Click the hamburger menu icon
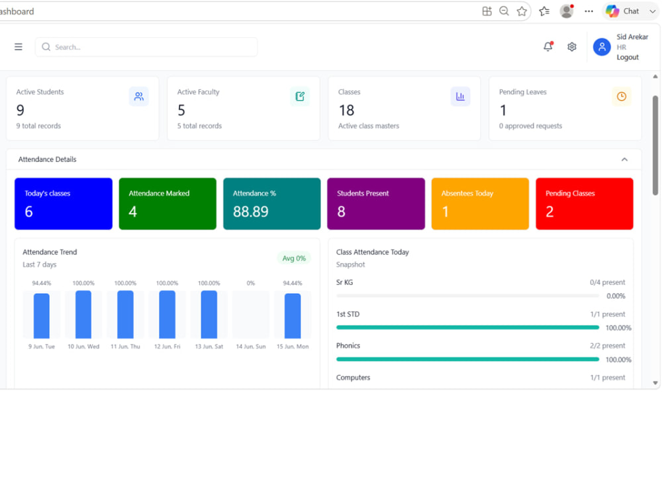click(18, 47)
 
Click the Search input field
click(146, 47)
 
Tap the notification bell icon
click(548, 46)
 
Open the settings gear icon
click(572, 47)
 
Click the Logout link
click(628, 58)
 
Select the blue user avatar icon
click(602, 47)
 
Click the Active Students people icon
click(139, 97)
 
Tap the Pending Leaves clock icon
click(622, 97)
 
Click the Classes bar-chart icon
click(460, 97)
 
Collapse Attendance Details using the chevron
click(624, 159)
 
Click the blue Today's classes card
click(64, 204)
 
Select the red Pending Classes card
click(585, 204)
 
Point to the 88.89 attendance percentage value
click(250, 212)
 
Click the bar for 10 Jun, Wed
click(83, 314)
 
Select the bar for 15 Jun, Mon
click(293, 316)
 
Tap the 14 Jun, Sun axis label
click(251, 347)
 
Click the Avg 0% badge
click(294, 258)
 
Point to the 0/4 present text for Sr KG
click(607, 282)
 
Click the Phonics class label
click(348, 346)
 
